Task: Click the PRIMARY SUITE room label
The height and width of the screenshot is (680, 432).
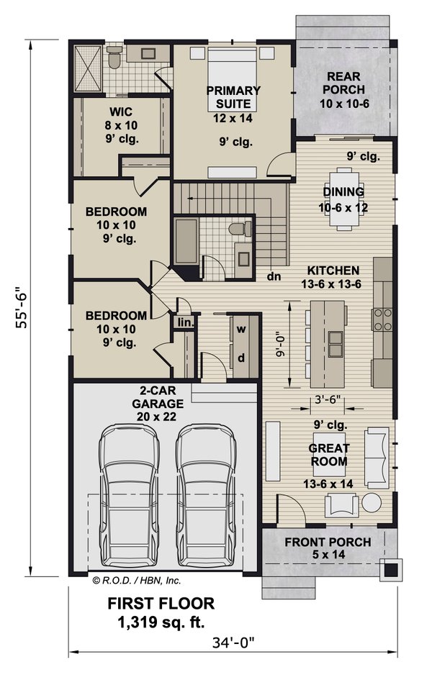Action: (233, 97)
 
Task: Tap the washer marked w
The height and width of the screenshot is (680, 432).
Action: (242, 329)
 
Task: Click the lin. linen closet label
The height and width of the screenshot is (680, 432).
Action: (185, 323)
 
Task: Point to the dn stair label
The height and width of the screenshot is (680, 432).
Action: (273, 275)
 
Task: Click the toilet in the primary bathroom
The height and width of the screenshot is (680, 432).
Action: (114, 59)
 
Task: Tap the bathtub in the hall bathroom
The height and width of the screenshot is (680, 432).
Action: (186, 242)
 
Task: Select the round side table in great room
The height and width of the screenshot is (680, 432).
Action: (372, 502)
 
